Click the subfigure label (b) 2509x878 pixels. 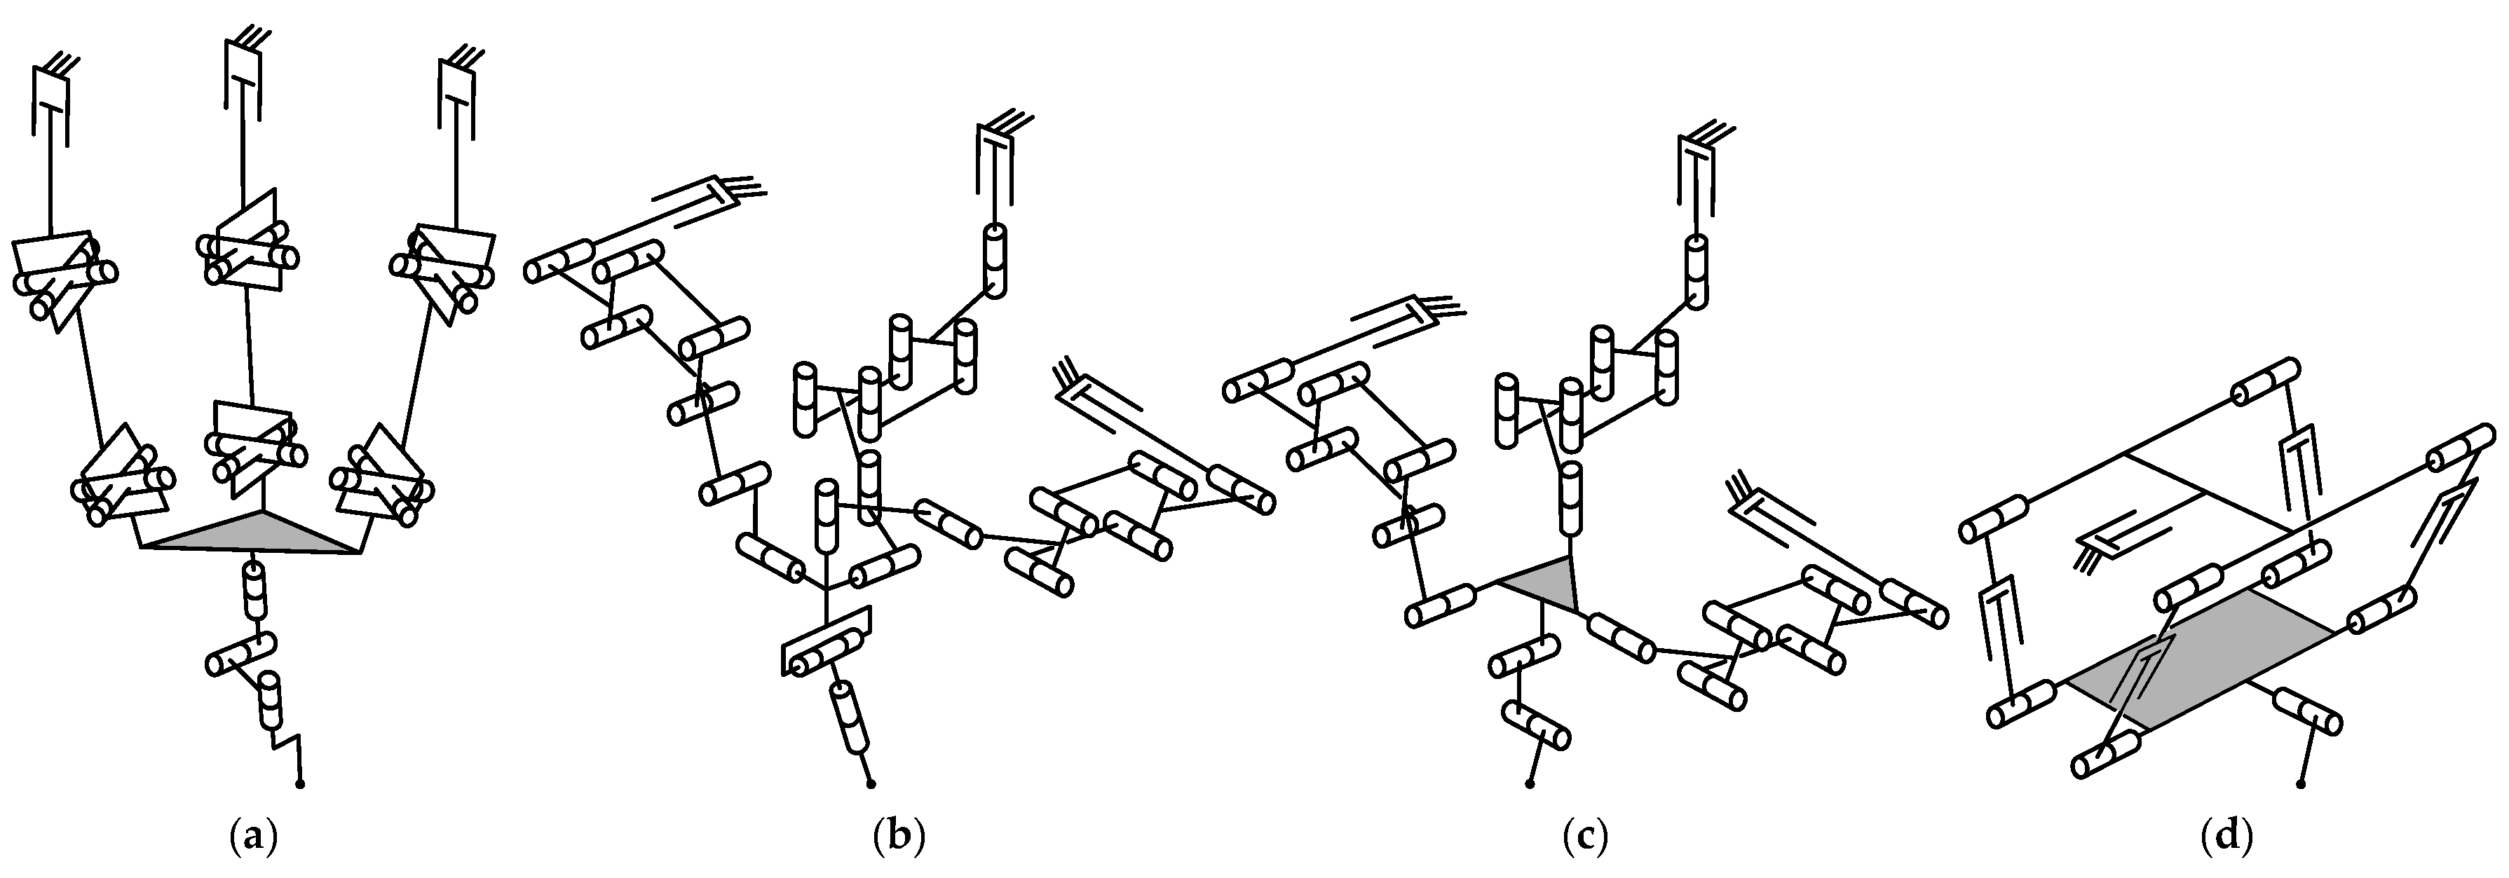coord(898,836)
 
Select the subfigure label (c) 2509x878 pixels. coord(1584,836)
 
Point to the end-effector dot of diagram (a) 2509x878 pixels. coord(299,783)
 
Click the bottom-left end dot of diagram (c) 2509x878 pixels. coord(1529,783)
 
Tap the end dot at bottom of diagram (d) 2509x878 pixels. coord(2301,783)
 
